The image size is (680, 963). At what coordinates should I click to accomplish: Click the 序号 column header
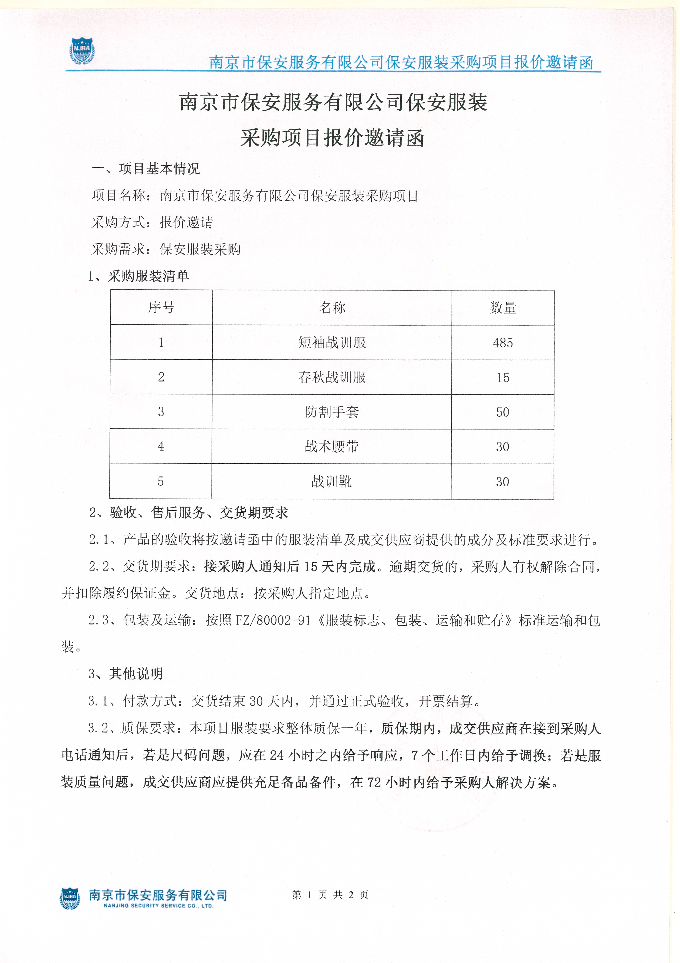pyautogui.click(x=161, y=307)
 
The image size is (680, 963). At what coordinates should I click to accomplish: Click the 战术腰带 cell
pyautogui.click(x=332, y=446)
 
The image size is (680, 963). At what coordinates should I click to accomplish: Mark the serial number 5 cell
pyautogui.click(x=161, y=481)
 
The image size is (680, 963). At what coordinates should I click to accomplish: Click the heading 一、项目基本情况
pyautogui.click(x=146, y=169)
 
